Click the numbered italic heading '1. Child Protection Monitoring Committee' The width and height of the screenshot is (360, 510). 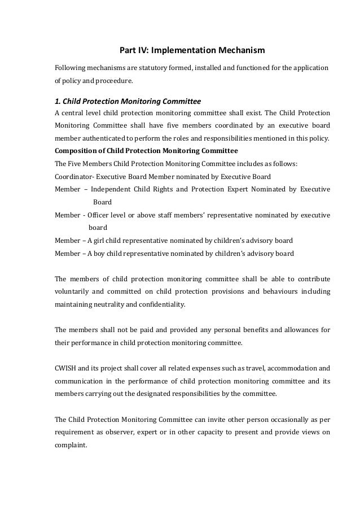tap(128, 102)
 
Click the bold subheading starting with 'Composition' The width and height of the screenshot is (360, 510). tap(146, 151)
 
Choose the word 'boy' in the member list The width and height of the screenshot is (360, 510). tap(106, 254)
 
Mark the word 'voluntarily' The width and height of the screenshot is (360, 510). tap(74, 292)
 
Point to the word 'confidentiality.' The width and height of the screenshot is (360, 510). tap(165, 304)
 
